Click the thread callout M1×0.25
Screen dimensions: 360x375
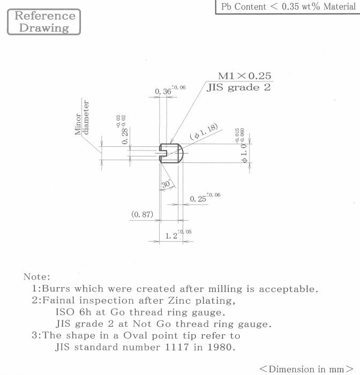point(244,76)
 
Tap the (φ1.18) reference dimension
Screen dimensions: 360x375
point(204,131)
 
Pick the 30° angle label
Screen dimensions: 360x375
point(166,184)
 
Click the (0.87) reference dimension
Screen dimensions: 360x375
point(142,214)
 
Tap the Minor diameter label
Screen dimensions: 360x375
point(82,117)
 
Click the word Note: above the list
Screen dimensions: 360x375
point(37,277)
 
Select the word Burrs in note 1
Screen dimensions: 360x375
point(56,289)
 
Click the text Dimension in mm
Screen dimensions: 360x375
point(306,369)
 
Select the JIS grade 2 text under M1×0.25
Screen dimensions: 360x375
point(239,87)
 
